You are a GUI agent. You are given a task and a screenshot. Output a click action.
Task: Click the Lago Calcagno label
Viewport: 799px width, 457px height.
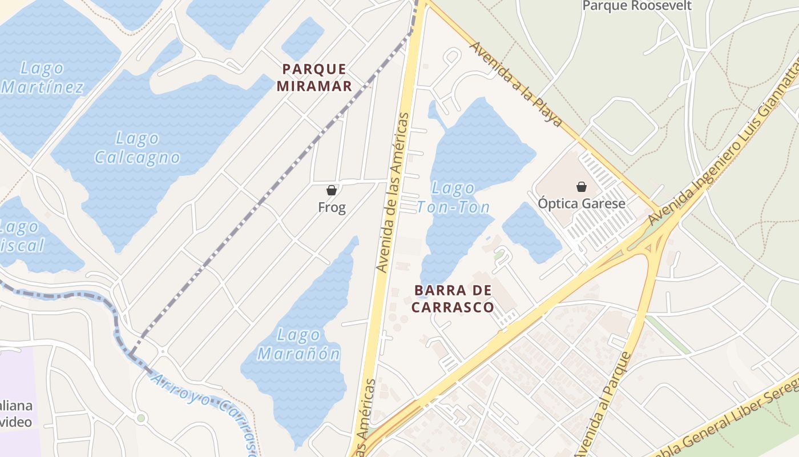pyautogui.click(x=137, y=148)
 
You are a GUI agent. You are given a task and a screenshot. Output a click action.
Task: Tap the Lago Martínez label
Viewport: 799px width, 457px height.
pyautogui.click(x=42, y=78)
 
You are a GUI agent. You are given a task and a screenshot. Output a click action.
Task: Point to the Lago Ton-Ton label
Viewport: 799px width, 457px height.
pyautogui.click(x=454, y=197)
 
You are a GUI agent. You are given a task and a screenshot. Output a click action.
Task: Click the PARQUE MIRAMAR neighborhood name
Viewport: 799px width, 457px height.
pyautogui.click(x=314, y=78)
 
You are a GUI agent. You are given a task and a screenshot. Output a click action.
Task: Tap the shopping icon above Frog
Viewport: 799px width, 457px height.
pyautogui.click(x=332, y=190)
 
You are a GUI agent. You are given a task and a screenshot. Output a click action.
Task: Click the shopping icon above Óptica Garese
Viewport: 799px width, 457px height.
pyautogui.click(x=582, y=187)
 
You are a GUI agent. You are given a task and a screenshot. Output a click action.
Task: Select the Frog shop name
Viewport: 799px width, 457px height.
pyautogui.click(x=332, y=207)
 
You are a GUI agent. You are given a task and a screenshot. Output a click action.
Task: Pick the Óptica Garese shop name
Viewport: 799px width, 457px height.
pyautogui.click(x=582, y=203)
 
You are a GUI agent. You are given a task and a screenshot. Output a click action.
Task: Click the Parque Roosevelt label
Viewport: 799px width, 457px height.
pyautogui.click(x=636, y=6)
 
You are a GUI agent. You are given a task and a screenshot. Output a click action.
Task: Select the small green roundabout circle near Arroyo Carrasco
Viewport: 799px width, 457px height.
pyautogui.click(x=141, y=418)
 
